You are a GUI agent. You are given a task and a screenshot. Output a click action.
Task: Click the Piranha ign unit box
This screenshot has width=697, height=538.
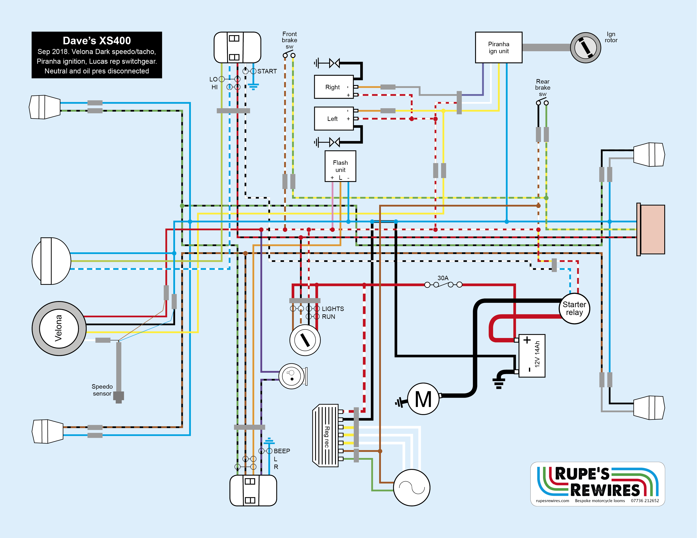point(499,47)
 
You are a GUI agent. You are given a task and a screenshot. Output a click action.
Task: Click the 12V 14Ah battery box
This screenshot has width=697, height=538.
point(532,356)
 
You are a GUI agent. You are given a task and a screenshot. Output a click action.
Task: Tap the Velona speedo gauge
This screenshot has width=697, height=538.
point(59,328)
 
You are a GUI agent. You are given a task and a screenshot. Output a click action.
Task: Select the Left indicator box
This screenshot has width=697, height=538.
point(334,119)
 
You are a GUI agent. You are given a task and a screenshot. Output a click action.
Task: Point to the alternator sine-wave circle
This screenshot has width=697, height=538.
point(412,487)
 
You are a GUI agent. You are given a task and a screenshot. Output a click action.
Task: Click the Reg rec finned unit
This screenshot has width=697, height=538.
point(326,436)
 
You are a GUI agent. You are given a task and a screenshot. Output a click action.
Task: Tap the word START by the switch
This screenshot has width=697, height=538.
point(267,71)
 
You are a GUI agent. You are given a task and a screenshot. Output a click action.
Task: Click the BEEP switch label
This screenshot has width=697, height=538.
point(282,451)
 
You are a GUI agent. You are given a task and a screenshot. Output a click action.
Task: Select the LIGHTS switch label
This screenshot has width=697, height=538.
point(333,309)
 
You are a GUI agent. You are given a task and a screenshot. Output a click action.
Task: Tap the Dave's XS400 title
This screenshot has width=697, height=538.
point(97,41)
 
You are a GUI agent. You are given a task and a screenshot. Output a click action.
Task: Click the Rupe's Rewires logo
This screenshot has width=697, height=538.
point(597,484)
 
